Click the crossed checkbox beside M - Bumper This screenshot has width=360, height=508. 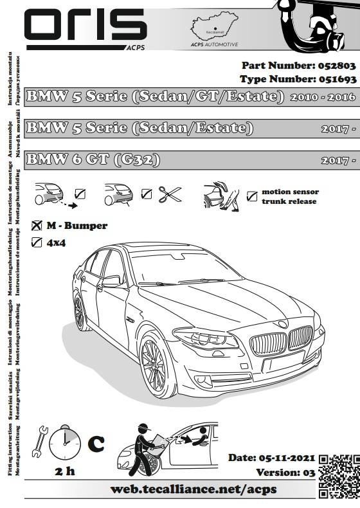coord(37,226)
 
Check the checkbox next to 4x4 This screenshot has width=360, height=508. coord(37,242)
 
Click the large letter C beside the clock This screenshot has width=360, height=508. coord(95,443)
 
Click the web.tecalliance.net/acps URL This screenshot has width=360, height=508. coord(194,489)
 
